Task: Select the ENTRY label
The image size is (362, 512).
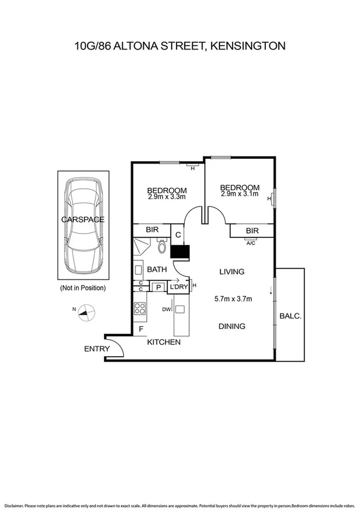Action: point(97,349)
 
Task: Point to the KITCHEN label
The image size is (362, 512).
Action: point(164,342)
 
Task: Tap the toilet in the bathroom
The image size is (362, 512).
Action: point(161,247)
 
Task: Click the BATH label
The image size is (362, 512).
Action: point(157,269)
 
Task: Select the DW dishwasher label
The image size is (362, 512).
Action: point(166,310)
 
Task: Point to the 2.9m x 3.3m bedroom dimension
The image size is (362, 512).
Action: point(166,196)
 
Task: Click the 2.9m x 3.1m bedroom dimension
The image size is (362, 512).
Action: point(240,194)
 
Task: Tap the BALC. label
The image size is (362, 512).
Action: point(289,315)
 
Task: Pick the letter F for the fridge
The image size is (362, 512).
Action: point(141,329)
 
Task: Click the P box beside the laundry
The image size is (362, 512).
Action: point(158,287)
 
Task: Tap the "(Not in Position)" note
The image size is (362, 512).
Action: point(83,288)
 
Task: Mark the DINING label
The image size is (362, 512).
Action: point(231,326)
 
